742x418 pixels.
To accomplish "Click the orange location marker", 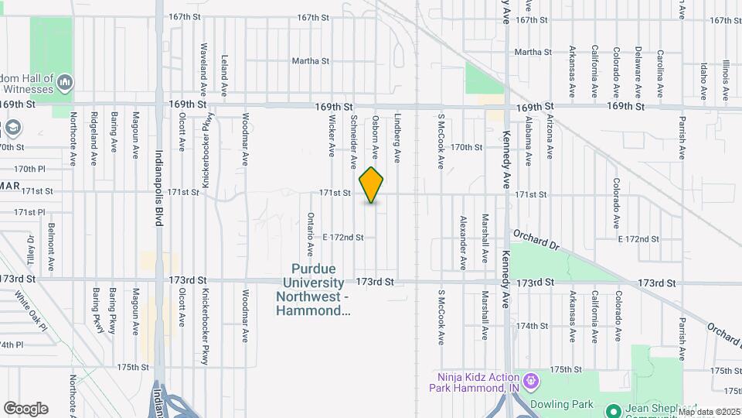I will coord(372,185).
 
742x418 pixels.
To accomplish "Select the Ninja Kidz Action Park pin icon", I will coord(530,381).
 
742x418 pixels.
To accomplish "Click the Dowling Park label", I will coord(562,404).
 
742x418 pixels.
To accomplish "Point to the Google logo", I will coord(26,409).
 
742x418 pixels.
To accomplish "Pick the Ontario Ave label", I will coord(311,234).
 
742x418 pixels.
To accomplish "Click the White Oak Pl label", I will coord(30,310).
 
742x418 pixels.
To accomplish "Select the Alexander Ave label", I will coord(463,242).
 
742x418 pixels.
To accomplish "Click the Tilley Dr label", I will coord(32,250).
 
